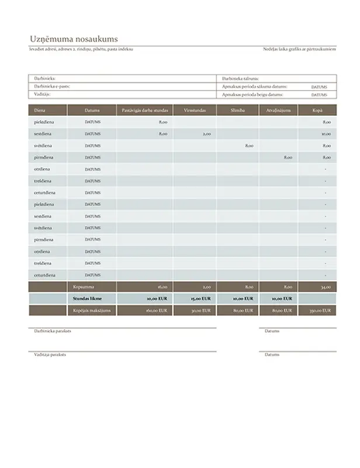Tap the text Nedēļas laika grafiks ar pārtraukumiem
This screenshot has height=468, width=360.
point(299,49)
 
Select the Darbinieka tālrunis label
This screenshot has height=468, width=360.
point(240,78)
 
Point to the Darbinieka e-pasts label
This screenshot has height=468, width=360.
point(49,85)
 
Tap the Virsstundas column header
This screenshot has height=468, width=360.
point(194,110)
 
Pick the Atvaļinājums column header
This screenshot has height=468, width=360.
point(279,110)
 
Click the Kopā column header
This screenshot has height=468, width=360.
point(318,110)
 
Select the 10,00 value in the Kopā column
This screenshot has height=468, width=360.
point(327,134)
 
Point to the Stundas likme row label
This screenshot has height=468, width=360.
point(84,299)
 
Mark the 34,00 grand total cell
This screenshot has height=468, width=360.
point(326,287)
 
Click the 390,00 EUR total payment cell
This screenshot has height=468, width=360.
point(323,311)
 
